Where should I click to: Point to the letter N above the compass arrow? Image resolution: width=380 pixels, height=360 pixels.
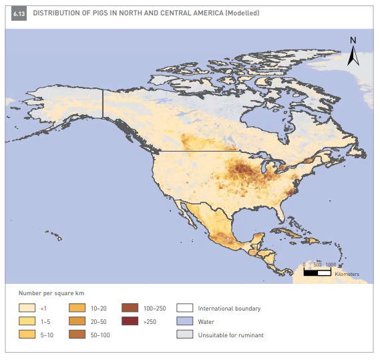coord(353,40)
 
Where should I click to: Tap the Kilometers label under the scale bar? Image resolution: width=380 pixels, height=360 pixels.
coord(347,275)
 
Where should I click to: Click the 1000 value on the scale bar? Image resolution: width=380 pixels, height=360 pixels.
coord(330,265)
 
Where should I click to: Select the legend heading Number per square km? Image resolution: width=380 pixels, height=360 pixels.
coord(51,294)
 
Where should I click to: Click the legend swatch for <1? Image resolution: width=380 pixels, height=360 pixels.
coord(27,309)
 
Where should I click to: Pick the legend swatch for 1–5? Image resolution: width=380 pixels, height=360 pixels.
coord(27,321)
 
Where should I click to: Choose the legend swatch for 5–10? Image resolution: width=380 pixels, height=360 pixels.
coord(27,334)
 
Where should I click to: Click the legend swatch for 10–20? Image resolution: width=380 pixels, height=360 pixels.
coord(78,309)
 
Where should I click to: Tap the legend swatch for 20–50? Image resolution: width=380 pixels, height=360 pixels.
coord(78,321)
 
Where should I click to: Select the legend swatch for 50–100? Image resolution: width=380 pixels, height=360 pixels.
coord(78,334)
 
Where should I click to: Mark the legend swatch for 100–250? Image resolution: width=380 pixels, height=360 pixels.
coord(130,309)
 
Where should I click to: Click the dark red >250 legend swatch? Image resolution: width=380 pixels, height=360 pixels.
coord(130,321)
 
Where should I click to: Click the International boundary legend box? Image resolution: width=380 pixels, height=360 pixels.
coord(184,309)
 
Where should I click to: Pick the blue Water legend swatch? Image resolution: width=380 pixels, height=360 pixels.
coord(184,321)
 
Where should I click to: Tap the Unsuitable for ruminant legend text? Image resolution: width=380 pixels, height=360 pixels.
coord(230,335)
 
